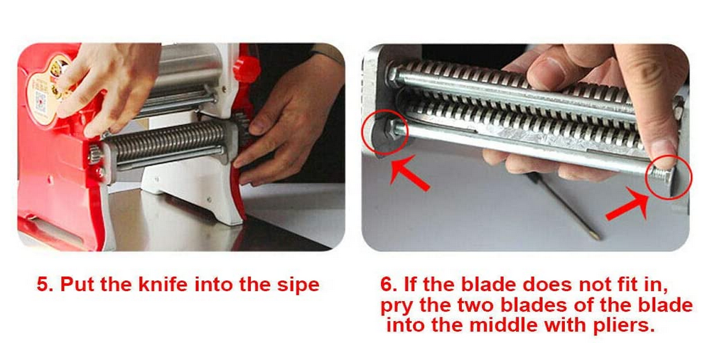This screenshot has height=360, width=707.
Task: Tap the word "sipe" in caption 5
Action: [298, 285]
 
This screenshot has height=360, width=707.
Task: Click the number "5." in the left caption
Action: [45, 285]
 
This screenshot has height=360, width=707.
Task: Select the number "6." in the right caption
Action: [389, 285]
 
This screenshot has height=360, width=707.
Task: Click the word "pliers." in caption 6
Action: [625, 326]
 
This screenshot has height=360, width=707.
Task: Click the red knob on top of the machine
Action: [247, 68]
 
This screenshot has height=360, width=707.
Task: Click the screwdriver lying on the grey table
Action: [565, 207]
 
